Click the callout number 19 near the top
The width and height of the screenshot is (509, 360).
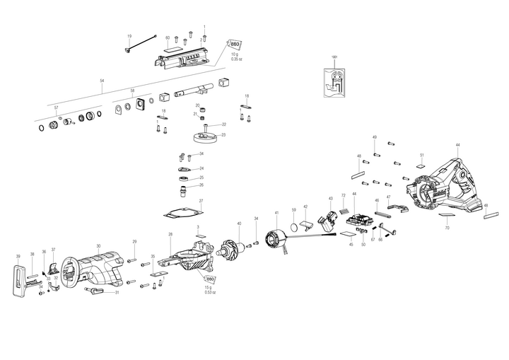pyautogui.click(x=129, y=36)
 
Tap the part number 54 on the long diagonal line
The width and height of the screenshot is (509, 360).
pyautogui.click(x=102, y=81)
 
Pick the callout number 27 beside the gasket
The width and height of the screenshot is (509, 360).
pyautogui.click(x=201, y=201)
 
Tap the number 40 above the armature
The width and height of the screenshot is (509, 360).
pyautogui.click(x=239, y=224)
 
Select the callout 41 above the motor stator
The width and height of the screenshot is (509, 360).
pyautogui.click(x=276, y=212)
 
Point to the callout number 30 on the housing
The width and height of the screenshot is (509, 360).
pyautogui.click(x=98, y=245)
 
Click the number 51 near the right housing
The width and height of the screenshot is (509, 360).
pyautogui.click(x=422, y=155)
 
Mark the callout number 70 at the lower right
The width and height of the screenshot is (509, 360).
pyautogui.click(x=447, y=228)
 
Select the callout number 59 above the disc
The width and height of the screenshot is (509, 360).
pyautogui.click(x=294, y=210)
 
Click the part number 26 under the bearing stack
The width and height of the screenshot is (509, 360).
pyautogui.click(x=201, y=185)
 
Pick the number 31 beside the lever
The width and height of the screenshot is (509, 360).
pyautogui.click(x=117, y=292)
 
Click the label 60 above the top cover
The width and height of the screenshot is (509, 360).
pyautogui.click(x=168, y=37)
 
